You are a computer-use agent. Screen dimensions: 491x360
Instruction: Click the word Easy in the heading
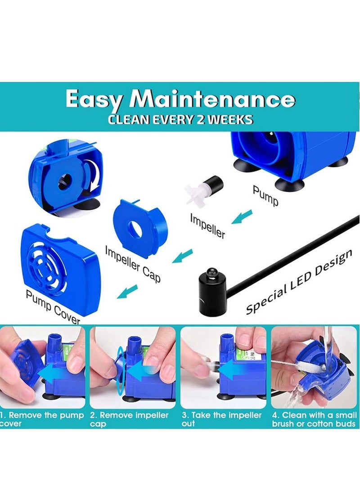(94, 100)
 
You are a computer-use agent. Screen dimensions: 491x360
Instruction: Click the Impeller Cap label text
(133, 264)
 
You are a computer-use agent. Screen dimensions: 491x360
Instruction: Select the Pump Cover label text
(53, 307)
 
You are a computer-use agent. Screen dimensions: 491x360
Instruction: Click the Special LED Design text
(299, 283)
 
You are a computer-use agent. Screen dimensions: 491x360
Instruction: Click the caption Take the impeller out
(221, 419)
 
